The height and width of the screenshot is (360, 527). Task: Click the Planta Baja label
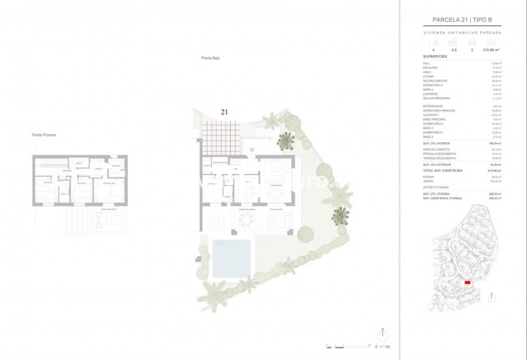(210, 58)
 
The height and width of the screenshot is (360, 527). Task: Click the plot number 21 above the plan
(224, 111)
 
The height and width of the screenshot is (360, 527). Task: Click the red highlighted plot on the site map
(468, 283)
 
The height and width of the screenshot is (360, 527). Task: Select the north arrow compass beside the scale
(381, 331)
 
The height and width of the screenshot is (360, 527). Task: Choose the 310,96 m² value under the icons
(491, 50)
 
